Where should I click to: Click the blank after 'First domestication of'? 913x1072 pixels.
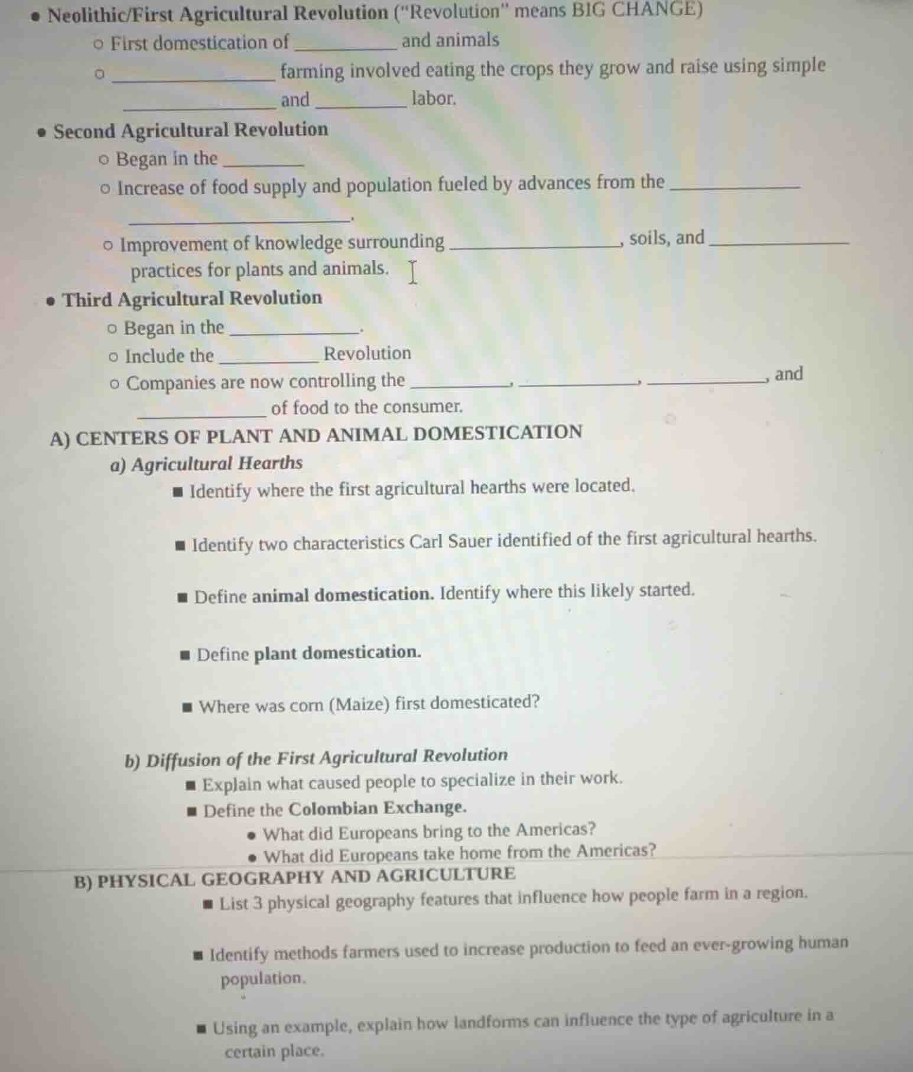point(345,44)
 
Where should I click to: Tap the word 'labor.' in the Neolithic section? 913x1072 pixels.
point(434,98)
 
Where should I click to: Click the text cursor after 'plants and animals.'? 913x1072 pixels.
point(412,272)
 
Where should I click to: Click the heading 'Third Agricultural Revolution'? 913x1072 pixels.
point(192,299)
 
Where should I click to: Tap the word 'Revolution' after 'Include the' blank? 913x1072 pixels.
point(367,353)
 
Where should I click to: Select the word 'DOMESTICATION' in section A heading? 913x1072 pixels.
point(498,433)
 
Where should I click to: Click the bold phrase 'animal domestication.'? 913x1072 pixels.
point(343,595)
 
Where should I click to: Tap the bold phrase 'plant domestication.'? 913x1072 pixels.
point(337,653)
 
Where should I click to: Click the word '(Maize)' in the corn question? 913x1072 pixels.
point(361,705)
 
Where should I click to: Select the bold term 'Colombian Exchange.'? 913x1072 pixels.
point(378,808)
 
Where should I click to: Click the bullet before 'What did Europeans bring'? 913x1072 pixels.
point(253,835)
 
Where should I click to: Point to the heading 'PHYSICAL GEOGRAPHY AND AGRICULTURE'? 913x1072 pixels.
point(306,876)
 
